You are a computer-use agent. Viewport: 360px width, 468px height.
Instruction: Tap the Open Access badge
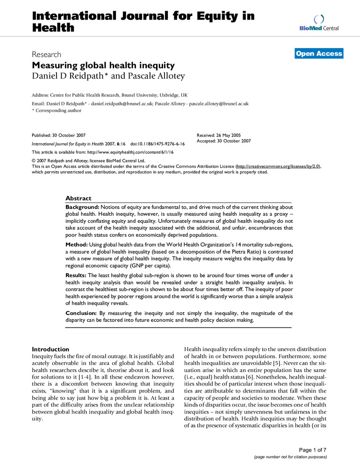319,54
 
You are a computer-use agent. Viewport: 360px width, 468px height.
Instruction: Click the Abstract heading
78,198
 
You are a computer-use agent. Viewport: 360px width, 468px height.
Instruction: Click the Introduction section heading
50,349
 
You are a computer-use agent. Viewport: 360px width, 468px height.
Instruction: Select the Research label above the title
45,54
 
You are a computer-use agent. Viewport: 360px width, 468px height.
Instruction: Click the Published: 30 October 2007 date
58,134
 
